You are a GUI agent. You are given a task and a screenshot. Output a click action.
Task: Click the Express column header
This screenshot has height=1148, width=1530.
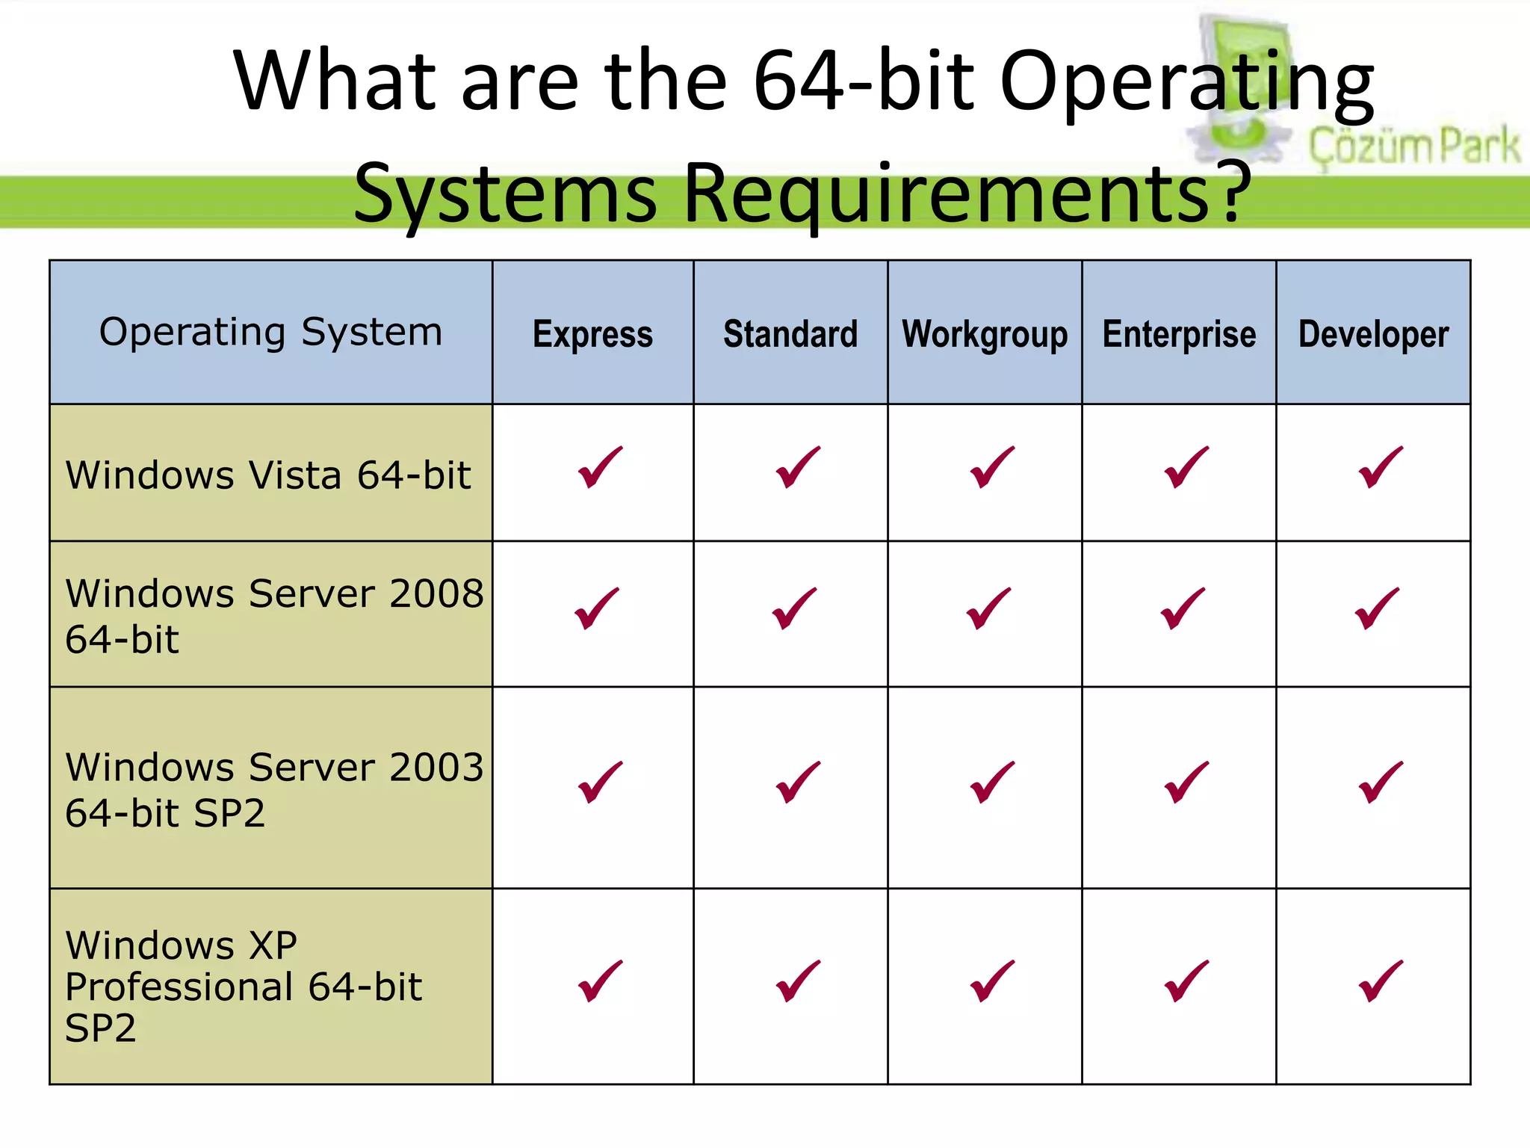click(x=592, y=334)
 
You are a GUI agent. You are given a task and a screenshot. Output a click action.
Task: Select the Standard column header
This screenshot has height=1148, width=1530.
click(x=790, y=334)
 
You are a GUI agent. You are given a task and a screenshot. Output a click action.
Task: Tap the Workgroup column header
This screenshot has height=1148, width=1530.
click(x=985, y=334)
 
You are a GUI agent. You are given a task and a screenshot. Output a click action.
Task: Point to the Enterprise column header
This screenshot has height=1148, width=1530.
click(x=1179, y=334)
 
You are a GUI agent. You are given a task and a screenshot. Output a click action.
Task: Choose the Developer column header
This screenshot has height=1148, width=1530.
click(x=1373, y=334)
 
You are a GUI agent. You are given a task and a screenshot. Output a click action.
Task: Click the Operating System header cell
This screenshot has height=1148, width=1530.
click(x=270, y=332)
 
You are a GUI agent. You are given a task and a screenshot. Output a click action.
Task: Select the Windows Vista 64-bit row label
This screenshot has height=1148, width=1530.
click(x=268, y=475)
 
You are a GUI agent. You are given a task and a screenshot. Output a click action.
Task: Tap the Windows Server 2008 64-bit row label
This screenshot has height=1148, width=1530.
click(x=273, y=616)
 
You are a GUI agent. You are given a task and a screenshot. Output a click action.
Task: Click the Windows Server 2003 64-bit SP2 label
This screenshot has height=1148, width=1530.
click(x=273, y=789)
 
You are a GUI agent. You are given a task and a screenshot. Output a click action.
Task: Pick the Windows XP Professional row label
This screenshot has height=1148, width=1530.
click(x=243, y=987)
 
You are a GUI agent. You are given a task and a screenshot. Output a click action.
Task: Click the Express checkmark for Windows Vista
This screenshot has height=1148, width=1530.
click(x=600, y=467)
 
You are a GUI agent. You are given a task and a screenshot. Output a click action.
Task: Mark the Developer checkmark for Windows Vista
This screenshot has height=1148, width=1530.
click(x=1381, y=467)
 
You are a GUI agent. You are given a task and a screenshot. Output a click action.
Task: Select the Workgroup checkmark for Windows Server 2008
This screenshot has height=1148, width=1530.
click(x=988, y=608)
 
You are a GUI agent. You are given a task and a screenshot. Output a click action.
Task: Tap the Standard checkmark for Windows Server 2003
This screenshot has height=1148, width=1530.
click(x=798, y=783)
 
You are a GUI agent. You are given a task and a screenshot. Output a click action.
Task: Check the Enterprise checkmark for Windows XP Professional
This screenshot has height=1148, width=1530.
click(x=1186, y=981)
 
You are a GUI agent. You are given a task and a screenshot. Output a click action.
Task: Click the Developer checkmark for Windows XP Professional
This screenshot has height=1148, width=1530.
click(x=1381, y=981)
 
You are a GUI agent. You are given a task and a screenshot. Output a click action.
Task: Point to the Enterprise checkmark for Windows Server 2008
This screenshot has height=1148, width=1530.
click(x=1183, y=608)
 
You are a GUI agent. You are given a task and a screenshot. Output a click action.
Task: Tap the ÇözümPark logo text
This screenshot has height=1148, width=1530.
click(x=1413, y=146)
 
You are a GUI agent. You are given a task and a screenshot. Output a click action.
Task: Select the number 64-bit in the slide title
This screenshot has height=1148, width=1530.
click(x=864, y=80)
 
